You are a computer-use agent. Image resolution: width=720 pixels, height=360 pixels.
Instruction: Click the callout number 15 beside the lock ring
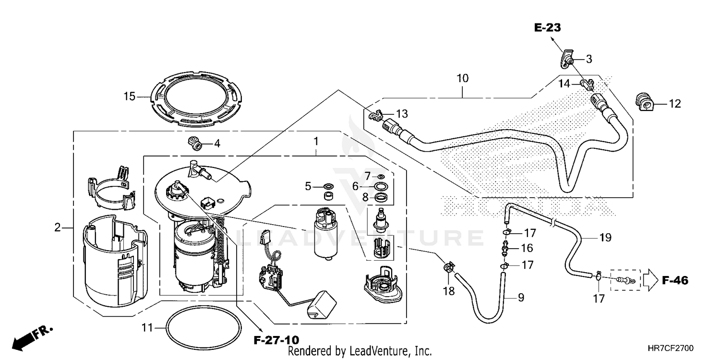[130, 96]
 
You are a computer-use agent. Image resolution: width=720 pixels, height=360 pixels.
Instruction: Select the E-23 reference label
[548, 28]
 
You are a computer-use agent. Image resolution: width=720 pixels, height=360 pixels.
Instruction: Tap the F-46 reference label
[675, 280]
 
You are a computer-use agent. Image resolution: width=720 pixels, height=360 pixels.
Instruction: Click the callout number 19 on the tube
[605, 237]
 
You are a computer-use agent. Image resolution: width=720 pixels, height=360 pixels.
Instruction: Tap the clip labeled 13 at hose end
[376, 115]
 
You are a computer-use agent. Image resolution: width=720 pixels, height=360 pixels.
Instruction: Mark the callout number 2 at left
[58, 228]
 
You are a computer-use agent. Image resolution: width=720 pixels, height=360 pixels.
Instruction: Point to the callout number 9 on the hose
[521, 298]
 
